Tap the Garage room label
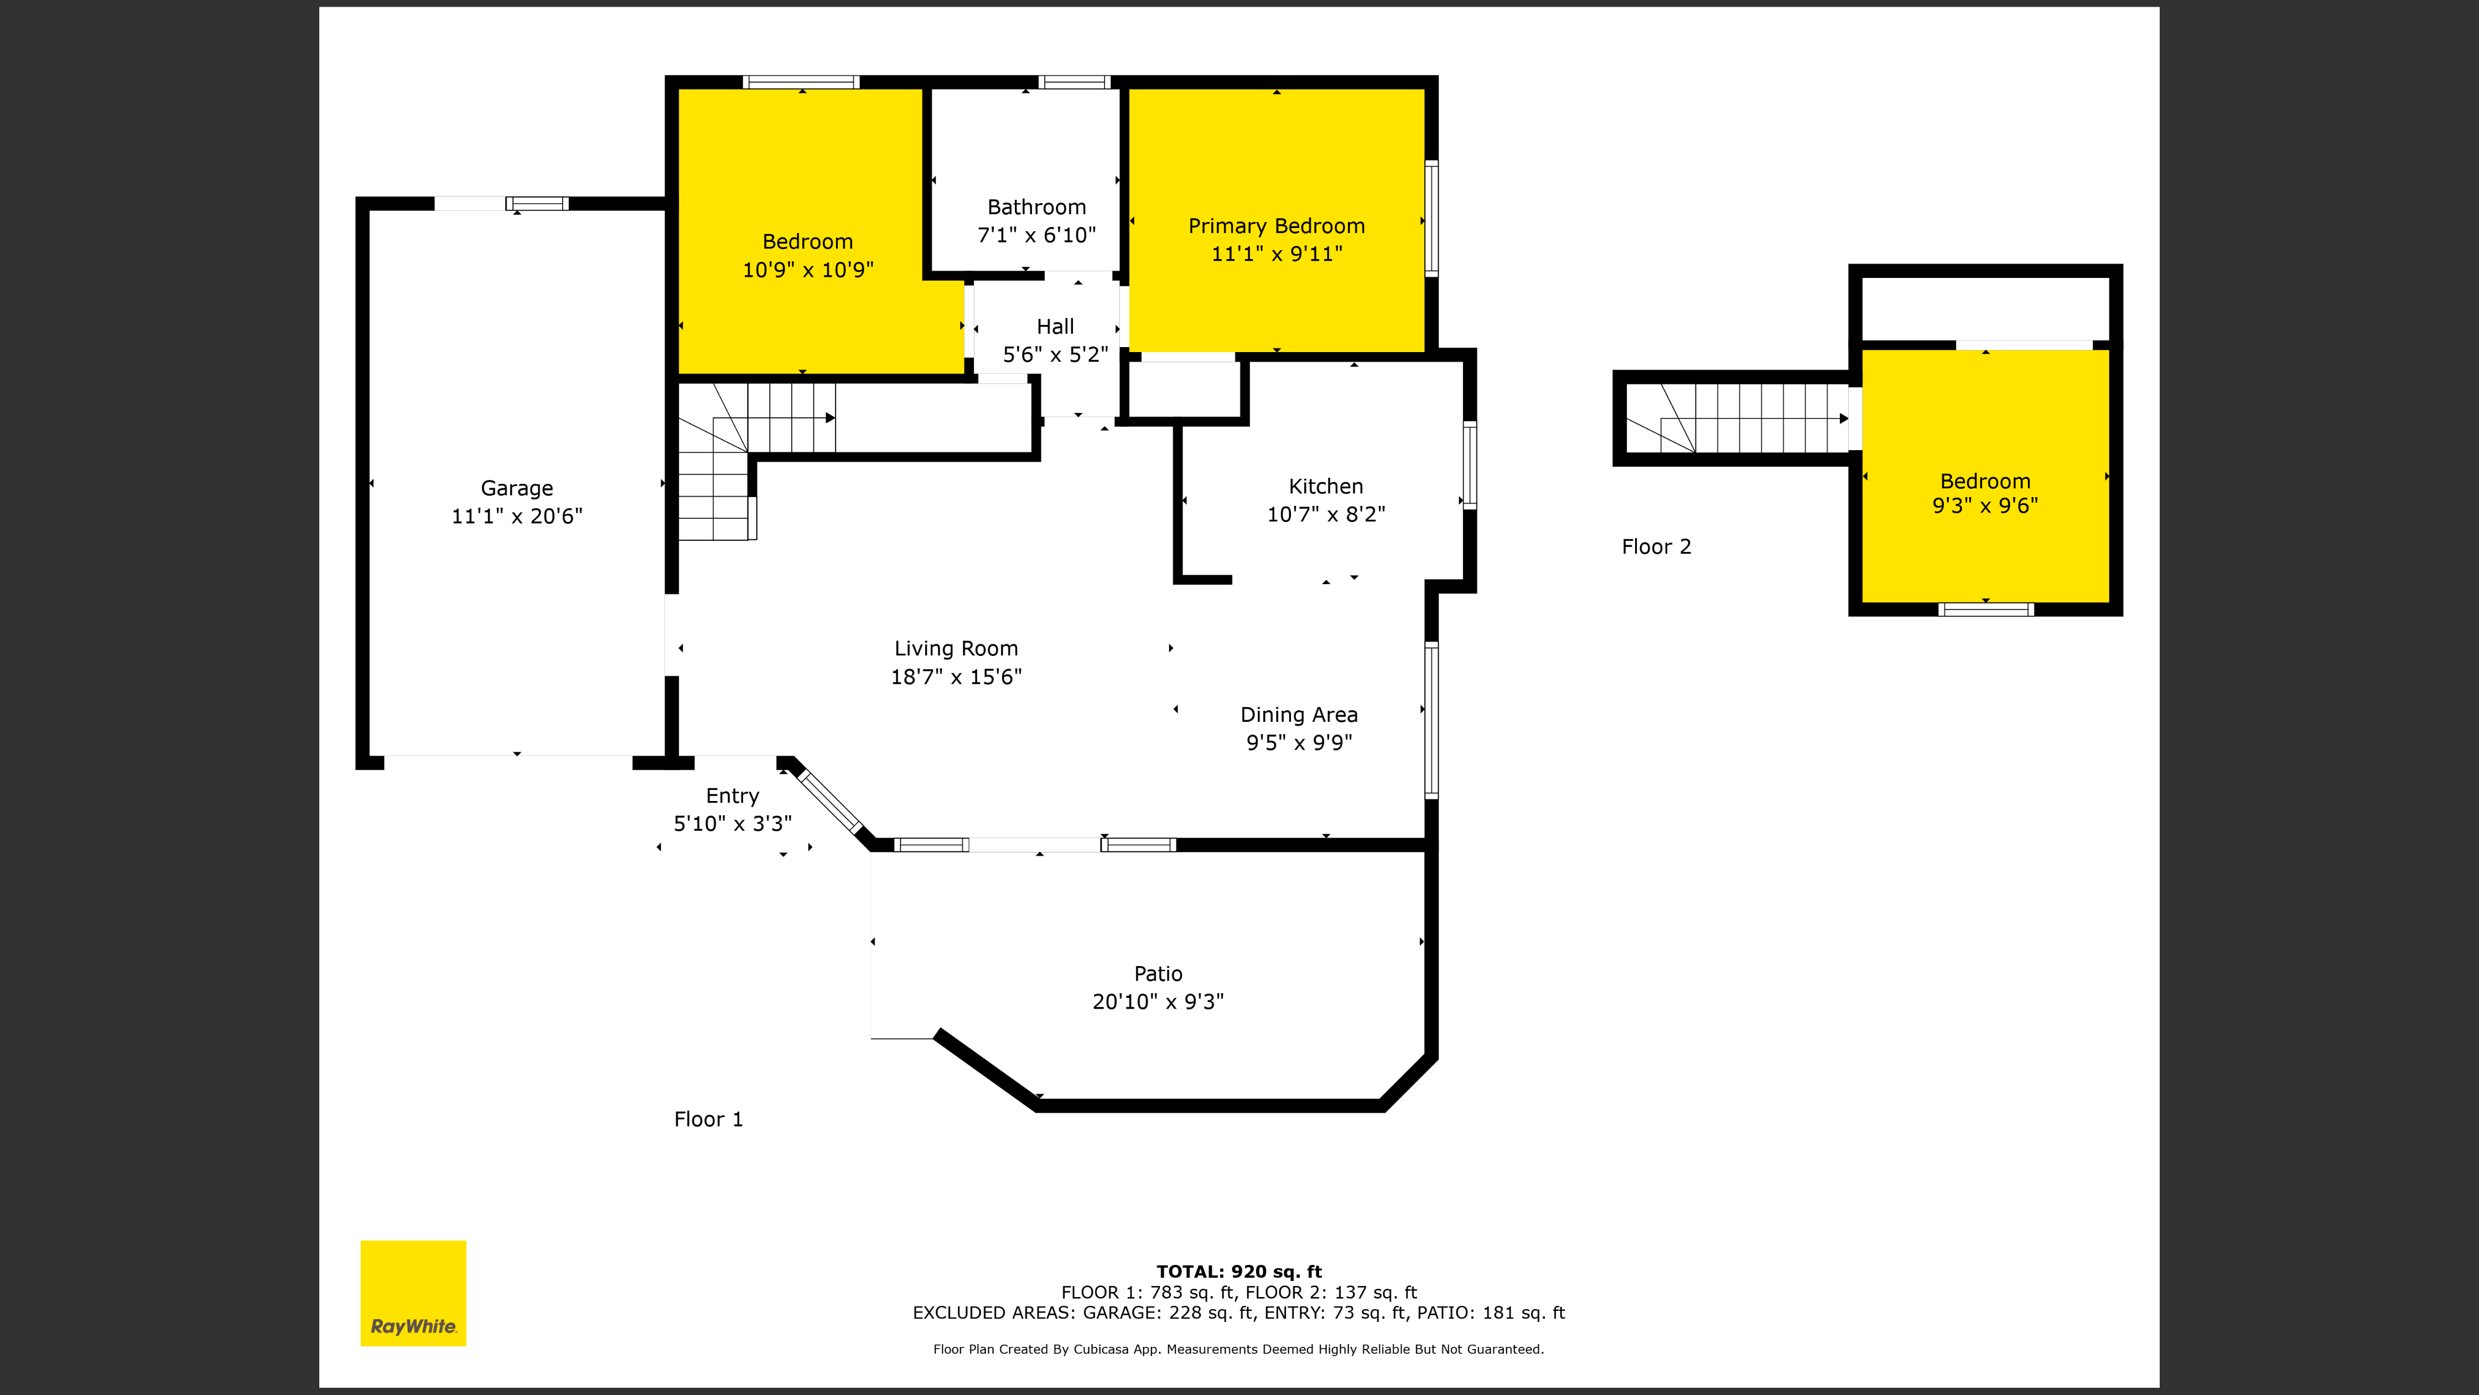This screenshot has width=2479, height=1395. (517, 488)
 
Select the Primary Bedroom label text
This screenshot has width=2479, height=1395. (1276, 226)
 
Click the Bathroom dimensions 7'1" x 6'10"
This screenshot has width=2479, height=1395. (1036, 235)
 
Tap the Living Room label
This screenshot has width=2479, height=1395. (956, 649)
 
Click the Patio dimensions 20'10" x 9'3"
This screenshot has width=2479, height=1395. (1158, 1001)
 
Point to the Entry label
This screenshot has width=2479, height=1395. (732, 796)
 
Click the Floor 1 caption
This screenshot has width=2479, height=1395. (708, 1119)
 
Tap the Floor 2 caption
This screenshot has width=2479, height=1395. (1656, 547)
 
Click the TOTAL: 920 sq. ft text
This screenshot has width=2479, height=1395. (1238, 1271)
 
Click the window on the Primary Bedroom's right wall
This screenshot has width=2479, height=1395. (1431, 219)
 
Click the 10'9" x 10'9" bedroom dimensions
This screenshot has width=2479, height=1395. (807, 270)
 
